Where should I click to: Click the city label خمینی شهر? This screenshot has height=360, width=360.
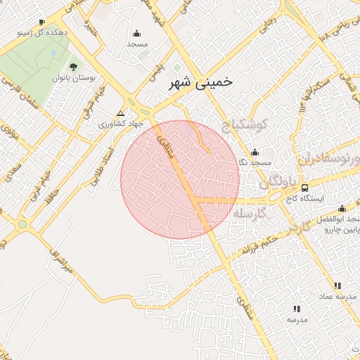click(x=200, y=82)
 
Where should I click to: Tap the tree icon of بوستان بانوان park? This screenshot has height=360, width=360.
click(x=74, y=67)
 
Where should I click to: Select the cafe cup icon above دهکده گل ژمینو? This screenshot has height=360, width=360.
click(x=42, y=22)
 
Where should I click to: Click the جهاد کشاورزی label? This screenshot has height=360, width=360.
click(x=120, y=123)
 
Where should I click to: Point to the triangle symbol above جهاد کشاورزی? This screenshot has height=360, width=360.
click(x=120, y=112)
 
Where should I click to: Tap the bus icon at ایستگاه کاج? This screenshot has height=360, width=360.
click(x=304, y=188)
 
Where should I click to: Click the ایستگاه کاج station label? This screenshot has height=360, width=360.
click(x=304, y=199)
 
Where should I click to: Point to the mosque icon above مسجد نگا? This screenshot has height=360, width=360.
click(x=255, y=152)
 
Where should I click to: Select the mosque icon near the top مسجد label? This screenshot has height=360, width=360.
click(x=136, y=32)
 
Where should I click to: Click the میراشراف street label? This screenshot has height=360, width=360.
click(x=59, y=259)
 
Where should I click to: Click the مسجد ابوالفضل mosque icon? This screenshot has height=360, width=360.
click(x=342, y=208)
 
